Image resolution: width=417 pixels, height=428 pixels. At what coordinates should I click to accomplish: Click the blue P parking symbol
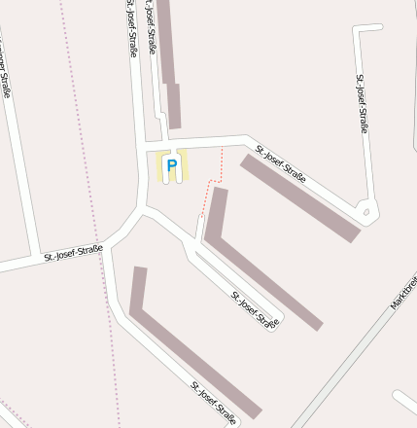172,166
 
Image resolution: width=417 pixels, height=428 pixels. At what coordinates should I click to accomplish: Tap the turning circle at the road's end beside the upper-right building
365,209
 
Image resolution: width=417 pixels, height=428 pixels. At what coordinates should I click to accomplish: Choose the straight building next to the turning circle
300,197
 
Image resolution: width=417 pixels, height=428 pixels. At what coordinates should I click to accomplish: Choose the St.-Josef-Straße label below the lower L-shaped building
214,403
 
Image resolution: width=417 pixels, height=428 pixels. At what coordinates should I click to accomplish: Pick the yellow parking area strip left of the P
159,166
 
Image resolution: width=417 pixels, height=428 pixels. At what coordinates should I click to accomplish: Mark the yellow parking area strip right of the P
184,166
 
